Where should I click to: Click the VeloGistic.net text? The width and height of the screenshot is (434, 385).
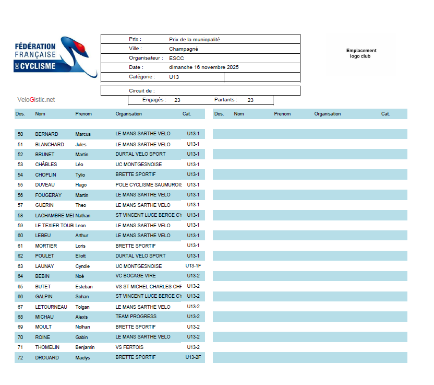click(x=35, y=99)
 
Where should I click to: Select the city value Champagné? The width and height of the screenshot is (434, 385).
click(x=183, y=49)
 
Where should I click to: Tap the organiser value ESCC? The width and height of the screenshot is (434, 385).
click(x=176, y=58)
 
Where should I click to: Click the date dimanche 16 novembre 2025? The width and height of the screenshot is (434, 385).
click(x=203, y=67)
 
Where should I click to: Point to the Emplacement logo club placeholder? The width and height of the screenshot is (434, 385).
click(x=361, y=53)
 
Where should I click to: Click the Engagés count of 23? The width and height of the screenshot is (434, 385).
click(x=177, y=100)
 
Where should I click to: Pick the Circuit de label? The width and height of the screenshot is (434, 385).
click(x=141, y=91)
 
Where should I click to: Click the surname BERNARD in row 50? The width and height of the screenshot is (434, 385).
click(x=46, y=134)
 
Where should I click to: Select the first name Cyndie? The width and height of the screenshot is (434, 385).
click(x=82, y=266)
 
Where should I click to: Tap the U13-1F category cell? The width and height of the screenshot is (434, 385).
click(x=192, y=266)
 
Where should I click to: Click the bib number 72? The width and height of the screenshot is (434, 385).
click(x=20, y=358)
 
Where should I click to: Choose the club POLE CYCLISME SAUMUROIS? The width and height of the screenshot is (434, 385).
click(x=148, y=185)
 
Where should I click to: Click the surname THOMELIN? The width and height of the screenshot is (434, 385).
click(x=47, y=347)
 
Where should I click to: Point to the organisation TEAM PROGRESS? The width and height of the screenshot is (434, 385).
click(x=136, y=317)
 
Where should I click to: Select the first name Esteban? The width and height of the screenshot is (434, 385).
click(x=84, y=286)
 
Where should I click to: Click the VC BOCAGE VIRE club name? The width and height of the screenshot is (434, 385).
click(x=135, y=276)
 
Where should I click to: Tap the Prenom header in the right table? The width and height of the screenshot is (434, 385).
click(x=282, y=114)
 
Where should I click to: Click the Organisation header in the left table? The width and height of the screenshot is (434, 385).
click(x=128, y=114)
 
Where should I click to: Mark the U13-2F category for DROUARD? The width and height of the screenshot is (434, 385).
click(x=192, y=357)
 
